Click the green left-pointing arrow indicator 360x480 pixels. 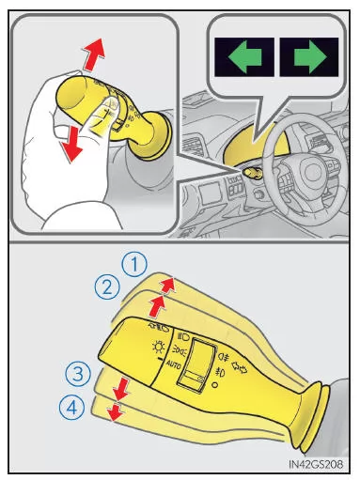(244, 56)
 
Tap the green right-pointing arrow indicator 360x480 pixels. (310, 56)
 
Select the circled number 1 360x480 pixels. (134, 265)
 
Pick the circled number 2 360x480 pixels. (107, 287)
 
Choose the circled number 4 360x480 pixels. (71, 408)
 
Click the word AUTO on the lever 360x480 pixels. (173, 364)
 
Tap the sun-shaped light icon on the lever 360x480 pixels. (159, 348)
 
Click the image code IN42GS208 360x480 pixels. (316, 463)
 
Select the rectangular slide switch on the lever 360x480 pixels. (196, 364)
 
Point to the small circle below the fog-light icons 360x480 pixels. (214, 385)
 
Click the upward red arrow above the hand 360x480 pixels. (94, 54)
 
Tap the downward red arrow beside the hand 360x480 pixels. (71, 145)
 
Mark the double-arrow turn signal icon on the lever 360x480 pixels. (239, 367)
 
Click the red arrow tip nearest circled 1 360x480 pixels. (172, 278)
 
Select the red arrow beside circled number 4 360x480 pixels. (116, 411)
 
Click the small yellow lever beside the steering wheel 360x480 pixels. (253, 173)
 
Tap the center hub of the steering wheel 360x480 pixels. (313, 172)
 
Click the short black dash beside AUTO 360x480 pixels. (162, 360)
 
